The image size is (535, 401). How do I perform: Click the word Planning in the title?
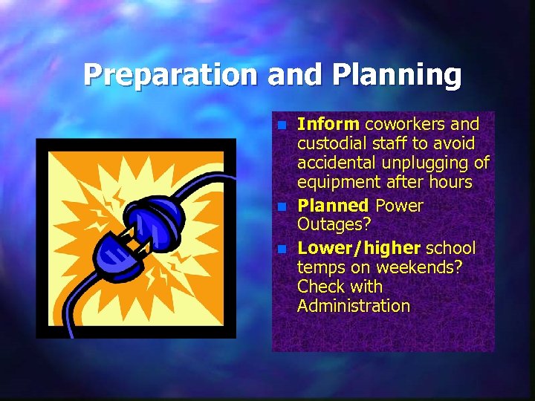pyautogui.click(x=398, y=75)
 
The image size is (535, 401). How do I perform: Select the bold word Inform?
pyautogui.click(x=328, y=124)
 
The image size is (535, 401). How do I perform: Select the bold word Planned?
pyautogui.click(x=333, y=206)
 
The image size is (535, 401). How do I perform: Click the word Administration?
pyautogui.click(x=353, y=305)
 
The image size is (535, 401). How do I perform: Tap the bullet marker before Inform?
pyautogui.click(x=280, y=125)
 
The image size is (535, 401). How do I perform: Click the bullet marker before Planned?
pyautogui.click(x=280, y=207)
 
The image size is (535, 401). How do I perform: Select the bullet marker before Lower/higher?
pyautogui.click(x=280, y=249)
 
